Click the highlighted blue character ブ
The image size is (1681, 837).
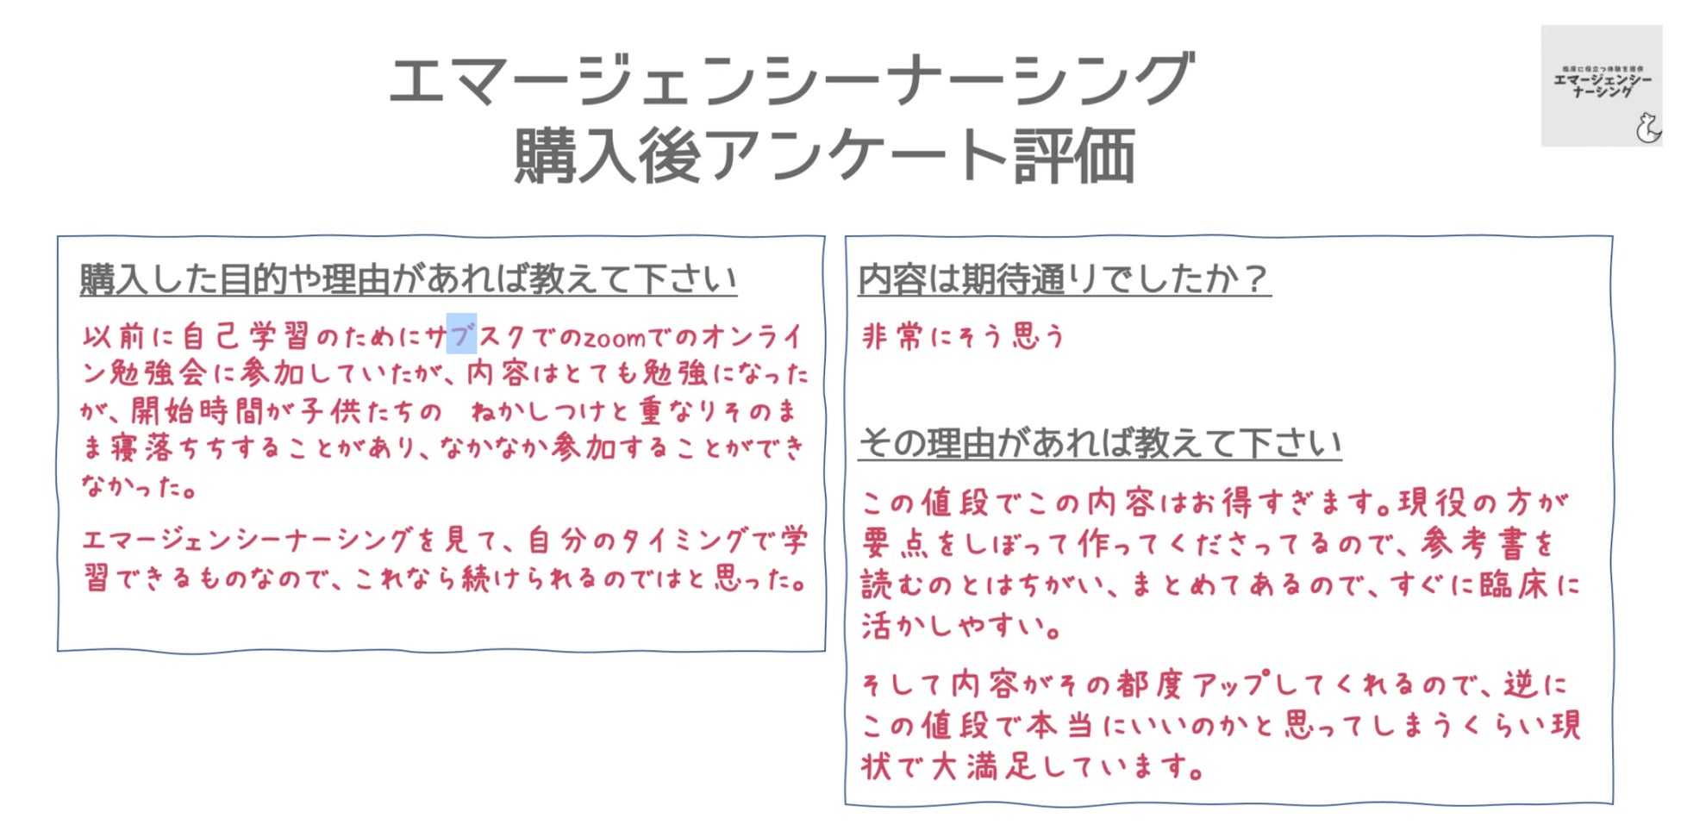pyautogui.click(x=461, y=334)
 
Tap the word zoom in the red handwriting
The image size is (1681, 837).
pyautogui.click(x=615, y=338)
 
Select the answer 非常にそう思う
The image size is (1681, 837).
pyautogui.click(x=963, y=336)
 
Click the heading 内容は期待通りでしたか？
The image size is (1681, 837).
pyautogui.click(x=1063, y=279)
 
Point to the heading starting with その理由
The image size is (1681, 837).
pyautogui.click(x=1099, y=443)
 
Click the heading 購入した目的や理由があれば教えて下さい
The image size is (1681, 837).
pyautogui.click(x=408, y=279)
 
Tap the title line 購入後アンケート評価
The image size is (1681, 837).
pyautogui.click(x=823, y=156)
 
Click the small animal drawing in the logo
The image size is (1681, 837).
pyautogui.click(x=1647, y=128)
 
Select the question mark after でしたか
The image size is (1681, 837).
pyautogui.click(x=1256, y=279)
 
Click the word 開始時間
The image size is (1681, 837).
pyautogui.click(x=197, y=411)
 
